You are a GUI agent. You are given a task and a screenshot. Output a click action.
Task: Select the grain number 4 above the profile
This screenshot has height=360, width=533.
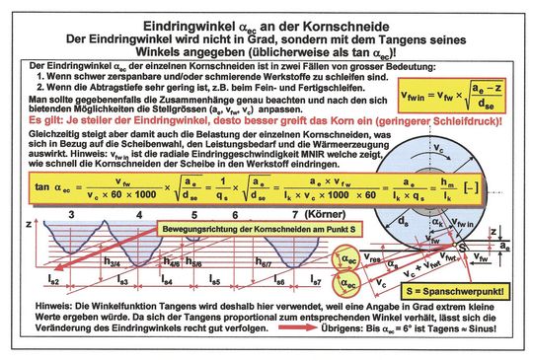[x=139, y=213]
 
